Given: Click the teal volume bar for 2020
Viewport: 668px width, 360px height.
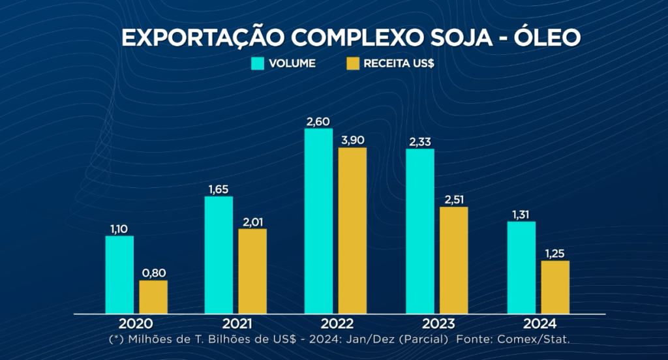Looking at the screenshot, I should coord(119,275).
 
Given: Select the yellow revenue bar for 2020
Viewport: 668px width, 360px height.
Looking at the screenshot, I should coord(153,297).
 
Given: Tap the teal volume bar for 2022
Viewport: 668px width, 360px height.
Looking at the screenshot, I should coord(318,221).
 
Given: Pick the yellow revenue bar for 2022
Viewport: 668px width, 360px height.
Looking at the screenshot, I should coord(352,230).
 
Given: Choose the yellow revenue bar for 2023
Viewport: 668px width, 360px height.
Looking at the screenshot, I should coord(454,260).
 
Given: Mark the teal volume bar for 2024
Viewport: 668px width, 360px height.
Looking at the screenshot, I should coord(521,267).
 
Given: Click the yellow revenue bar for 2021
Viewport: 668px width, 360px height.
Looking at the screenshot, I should coord(252,271).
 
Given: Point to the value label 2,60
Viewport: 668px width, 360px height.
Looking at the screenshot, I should coord(318,121).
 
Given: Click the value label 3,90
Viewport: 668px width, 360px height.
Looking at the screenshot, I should coord(352,140).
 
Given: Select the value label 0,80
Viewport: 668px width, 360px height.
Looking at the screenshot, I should coord(153,273).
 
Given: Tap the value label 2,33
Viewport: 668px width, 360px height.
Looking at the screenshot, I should coord(419,142).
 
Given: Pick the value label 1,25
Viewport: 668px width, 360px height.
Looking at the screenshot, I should coord(555,254).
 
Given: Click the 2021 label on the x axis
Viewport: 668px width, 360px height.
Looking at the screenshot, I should coord(235,324).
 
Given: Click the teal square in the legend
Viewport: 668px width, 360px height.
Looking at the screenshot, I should coord(258,63).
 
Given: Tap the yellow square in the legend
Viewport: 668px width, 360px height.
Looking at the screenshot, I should coord(352,63).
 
